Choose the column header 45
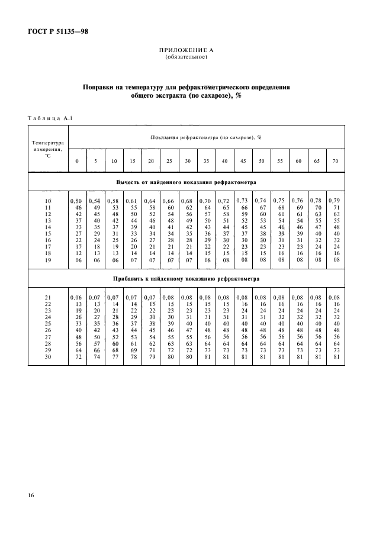(x=243, y=161)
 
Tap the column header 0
(x=77, y=161)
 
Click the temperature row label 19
(x=48, y=259)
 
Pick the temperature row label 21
(x=48, y=297)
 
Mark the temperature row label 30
(x=48, y=357)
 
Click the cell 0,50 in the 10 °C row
(x=76, y=201)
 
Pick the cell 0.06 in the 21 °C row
(x=76, y=297)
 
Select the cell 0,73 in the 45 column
(x=242, y=201)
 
